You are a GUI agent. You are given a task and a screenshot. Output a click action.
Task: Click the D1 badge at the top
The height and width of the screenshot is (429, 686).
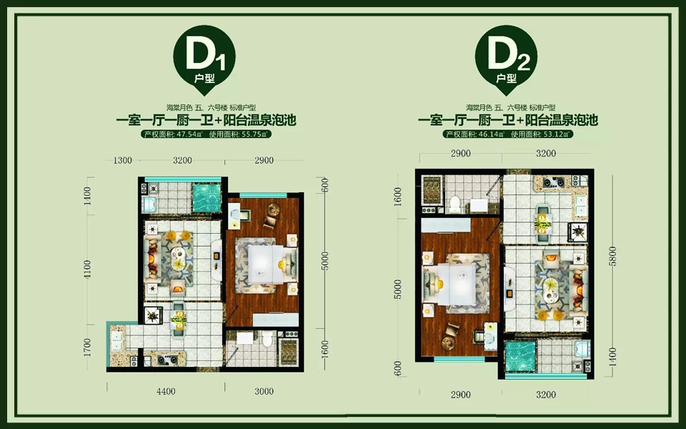click(x=204, y=59)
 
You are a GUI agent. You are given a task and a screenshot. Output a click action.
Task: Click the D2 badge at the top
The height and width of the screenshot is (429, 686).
click(x=506, y=59)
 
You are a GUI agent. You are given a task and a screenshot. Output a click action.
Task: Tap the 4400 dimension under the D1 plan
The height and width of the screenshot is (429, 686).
click(x=166, y=391)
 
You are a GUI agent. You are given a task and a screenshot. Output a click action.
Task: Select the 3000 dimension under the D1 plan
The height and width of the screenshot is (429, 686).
click(x=264, y=391)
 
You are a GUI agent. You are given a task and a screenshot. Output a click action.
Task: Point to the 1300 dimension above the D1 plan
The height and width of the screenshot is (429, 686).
click(x=122, y=160)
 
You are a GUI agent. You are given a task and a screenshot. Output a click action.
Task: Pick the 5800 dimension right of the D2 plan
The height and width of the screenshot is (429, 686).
click(x=612, y=256)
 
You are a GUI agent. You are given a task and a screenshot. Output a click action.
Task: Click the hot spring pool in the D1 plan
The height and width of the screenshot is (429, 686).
click(x=207, y=197)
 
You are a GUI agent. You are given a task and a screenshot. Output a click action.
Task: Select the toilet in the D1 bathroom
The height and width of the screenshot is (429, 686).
click(x=267, y=339)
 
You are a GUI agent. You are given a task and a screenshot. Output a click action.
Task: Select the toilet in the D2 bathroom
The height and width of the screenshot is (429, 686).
click(x=455, y=204)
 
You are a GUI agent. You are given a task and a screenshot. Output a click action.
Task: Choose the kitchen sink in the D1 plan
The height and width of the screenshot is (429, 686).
click(x=116, y=341)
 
